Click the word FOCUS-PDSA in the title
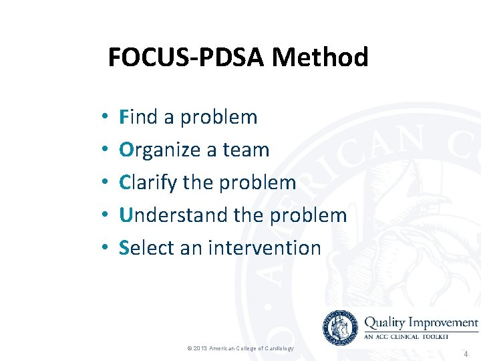point(186,57)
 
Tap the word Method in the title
point(320,57)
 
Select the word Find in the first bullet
point(138,117)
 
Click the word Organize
point(160,150)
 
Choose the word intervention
point(265,247)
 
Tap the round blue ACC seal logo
point(340,328)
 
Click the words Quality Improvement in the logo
point(421,322)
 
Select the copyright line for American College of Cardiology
point(240,348)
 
